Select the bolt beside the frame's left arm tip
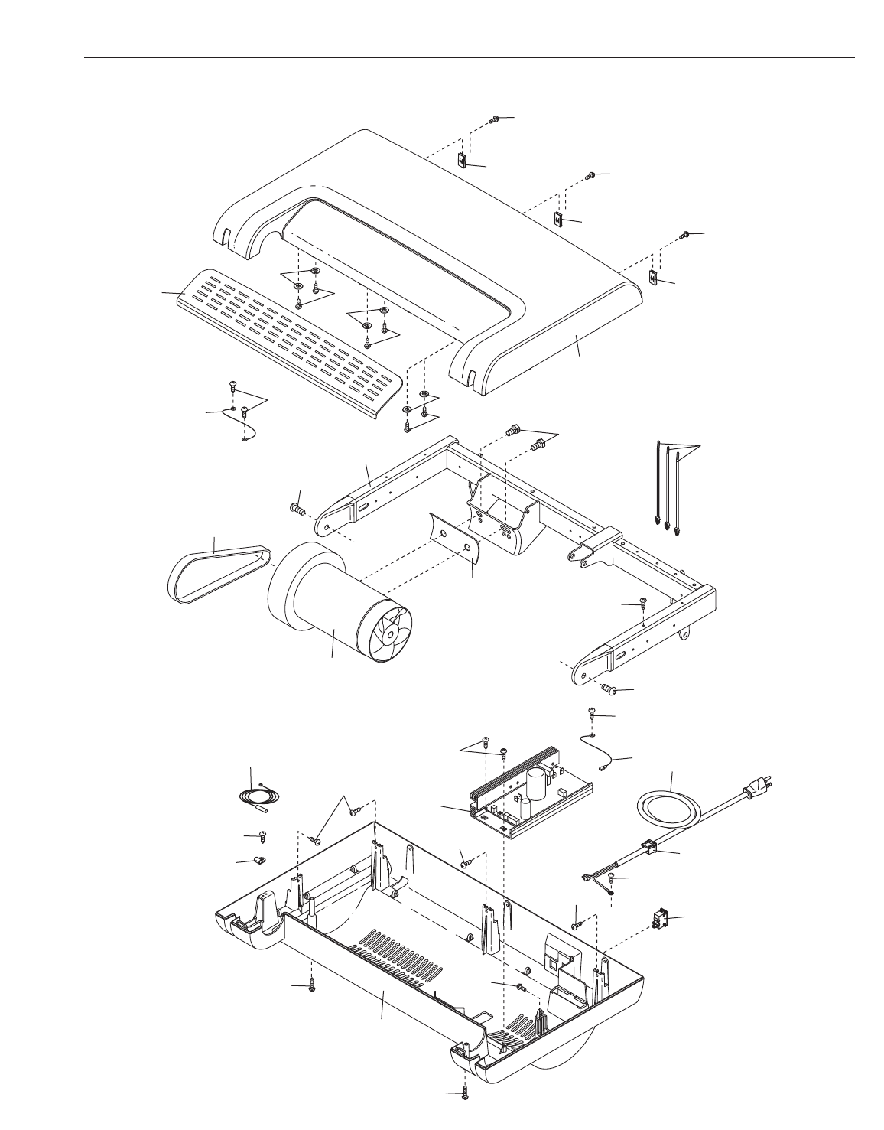coord(297,507)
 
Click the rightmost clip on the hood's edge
coord(654,277)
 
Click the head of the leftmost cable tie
coord(658,521)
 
